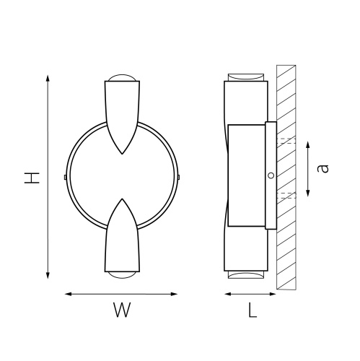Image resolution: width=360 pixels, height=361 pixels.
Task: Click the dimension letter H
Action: pos(32,178)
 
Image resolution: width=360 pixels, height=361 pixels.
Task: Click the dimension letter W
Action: pos(122,310)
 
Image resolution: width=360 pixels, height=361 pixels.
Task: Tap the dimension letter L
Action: pos(253,310)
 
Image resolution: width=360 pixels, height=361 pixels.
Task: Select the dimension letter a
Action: pos(322,168)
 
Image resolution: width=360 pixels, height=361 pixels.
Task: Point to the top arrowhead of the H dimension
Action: pos(48,78)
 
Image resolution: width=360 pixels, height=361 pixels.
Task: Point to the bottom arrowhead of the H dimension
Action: pos(48,276)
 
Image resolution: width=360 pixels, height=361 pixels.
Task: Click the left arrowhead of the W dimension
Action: pos(69,294)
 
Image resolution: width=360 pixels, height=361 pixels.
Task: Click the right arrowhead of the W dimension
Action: pos(174,294)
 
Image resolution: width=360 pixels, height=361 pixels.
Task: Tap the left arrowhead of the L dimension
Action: pos(228,294)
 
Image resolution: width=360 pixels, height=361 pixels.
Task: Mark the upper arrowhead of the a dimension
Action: pos(308,145)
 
